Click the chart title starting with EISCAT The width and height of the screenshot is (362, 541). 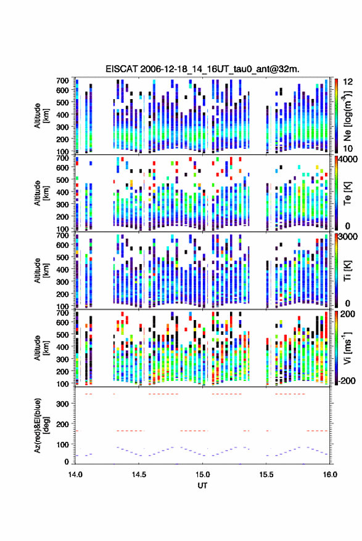(x=202, y=69)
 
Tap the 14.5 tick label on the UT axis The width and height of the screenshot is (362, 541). (x=139, y=475)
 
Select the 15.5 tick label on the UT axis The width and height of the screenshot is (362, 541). (x=266, y=475)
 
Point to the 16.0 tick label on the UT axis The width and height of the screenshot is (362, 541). (x=329, y=475)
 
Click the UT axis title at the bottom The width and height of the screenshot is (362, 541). (x=202, y=486)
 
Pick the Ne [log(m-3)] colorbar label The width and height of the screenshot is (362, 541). (x=348, y=116)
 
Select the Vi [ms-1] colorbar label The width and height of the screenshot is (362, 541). (x=348, y=348)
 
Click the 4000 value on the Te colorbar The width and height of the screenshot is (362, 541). (x=348, y=159)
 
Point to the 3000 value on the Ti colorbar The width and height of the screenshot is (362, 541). (x=348, y=237)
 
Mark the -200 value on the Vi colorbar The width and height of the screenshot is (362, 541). (x=347, y=381)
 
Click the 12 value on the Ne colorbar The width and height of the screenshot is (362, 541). (x=348, y=82)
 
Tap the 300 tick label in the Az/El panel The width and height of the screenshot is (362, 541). (x=62, y=404)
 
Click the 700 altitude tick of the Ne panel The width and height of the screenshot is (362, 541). (x=62, y=81)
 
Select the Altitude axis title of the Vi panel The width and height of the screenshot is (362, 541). (x=41, y=348)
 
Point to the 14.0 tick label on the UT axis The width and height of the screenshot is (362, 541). (x=75, y=475)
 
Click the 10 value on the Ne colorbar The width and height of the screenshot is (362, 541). (x=348, y=148)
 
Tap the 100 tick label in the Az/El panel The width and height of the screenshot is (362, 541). (x=62, y=444)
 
